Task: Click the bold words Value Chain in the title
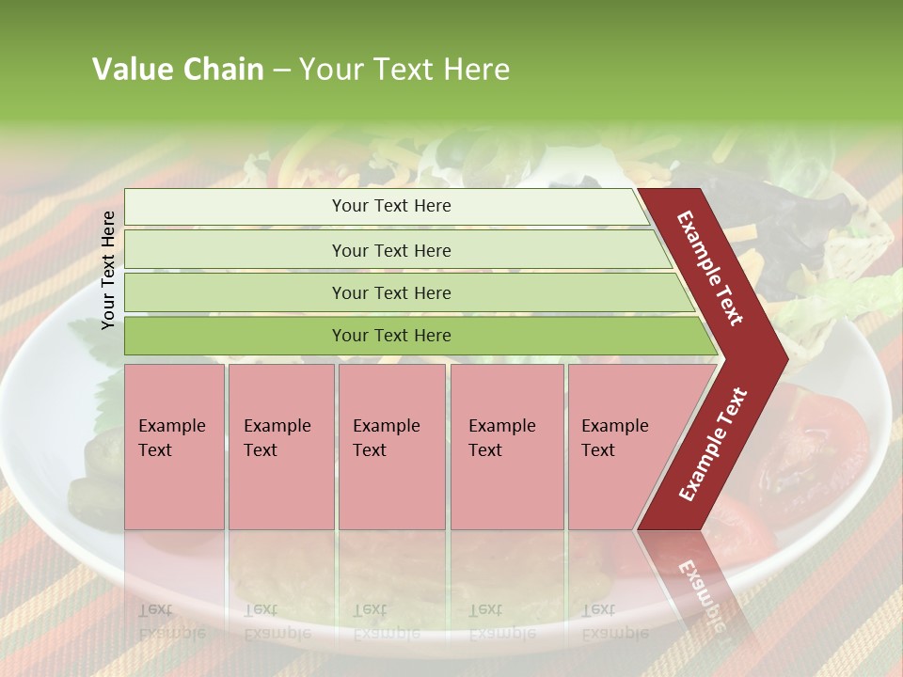click(178, 70)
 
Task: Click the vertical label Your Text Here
click(108, 270)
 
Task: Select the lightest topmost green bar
click(226, 207)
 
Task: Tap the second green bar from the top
click(226, 250)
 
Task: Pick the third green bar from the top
click(226, 292)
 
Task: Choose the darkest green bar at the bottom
click(226, 336)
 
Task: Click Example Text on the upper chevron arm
click(710, 268)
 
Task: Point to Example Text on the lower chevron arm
click(713, 444)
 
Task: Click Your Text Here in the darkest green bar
click(391, 336)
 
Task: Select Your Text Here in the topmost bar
click(391, 206)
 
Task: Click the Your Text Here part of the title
click(404, 70)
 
